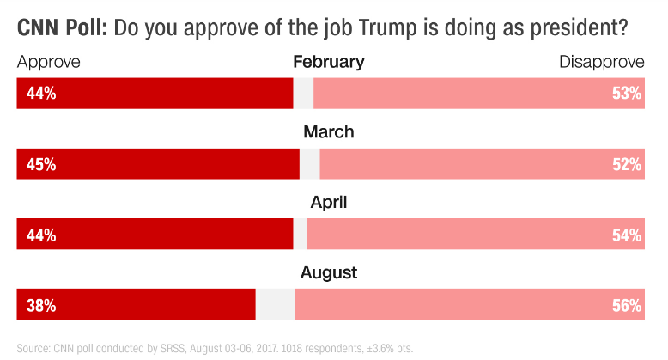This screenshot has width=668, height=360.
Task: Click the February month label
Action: point(329,62)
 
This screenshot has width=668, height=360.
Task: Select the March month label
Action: point(329,132)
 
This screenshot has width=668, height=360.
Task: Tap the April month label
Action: point(329,203)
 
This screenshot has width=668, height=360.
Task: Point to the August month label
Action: point(329,273)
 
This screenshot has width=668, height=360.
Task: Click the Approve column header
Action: point(49,63)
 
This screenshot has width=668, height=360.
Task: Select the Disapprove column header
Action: point(601,63)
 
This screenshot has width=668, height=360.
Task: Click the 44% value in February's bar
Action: point(41,94)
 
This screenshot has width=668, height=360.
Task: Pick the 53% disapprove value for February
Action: point(627,94)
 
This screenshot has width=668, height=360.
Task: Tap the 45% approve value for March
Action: point(41,164)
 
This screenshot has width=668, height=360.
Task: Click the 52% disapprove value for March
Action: point(627,164)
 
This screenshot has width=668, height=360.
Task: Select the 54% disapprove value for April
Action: point(627,235)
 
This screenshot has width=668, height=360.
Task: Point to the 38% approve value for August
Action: point(41,305)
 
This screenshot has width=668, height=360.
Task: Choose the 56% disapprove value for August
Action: point(627,305)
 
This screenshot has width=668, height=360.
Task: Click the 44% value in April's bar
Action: point(41,235)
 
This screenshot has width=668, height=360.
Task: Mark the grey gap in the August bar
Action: point(275,305)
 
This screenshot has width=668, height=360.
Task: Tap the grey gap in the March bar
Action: point(309,164)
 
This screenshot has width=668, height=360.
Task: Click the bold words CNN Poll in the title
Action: point(62,27)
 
